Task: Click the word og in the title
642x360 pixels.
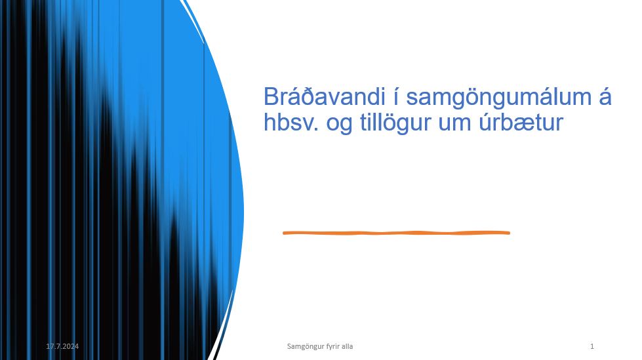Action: pyautogui.click(x=339, y=125)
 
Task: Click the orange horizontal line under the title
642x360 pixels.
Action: pyautogui.click(x=396, y=233)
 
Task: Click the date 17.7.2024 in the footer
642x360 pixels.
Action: pyautogui.click(x=62, y=346)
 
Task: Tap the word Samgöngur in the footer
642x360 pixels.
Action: pyautogui.click(x=304, y=347)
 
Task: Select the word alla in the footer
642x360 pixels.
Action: pyautogui.click(x=347, y=346)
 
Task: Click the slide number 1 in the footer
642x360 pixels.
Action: pyautogui.click(x=592, y=346)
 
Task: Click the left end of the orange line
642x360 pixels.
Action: pyautogui.click(x=284, y=233)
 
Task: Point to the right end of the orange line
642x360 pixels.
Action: pyautogui.click(x=509, y=233)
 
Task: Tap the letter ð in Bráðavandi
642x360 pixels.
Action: pyautogui.click(x=304, y=96)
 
